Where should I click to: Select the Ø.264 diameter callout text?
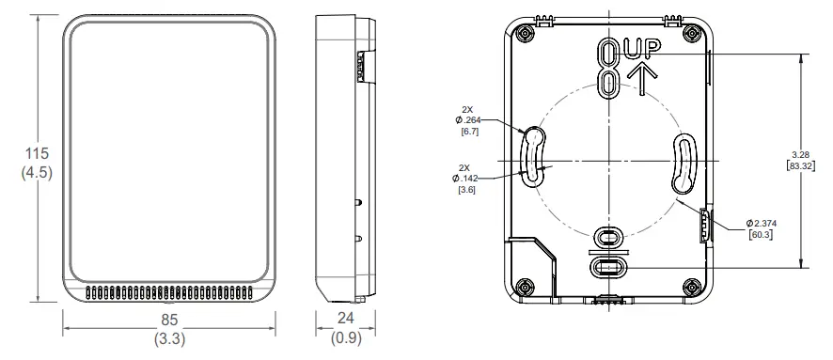(x=467, y=119)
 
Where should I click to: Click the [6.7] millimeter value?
(x=467, y=133)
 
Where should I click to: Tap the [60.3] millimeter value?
(x=761, y=234)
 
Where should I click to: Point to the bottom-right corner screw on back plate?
(x=692, y=286)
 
